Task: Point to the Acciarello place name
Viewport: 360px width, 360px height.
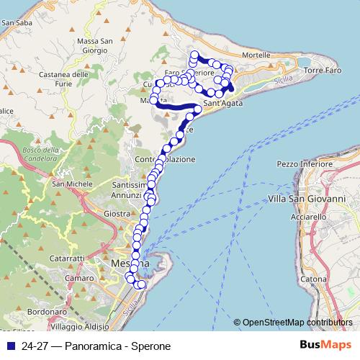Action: (309, 216)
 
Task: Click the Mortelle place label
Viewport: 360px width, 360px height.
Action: (256, 55)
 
